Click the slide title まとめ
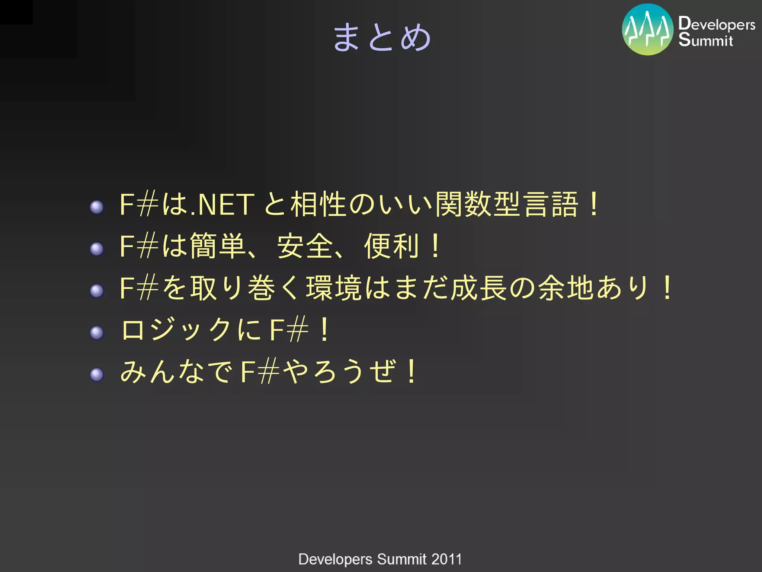[x=382, y=37]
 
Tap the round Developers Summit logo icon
[x=647, y=30]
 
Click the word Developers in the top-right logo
[x=717, y=24]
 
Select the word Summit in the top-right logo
[x=705, y=40]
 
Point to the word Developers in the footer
[x=335, y=559]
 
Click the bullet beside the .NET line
[x=97, y=207]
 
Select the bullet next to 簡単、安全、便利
[x=97, y=249]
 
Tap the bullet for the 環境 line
[x=97, y=291]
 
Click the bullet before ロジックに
[x=97, y=333]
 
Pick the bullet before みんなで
[x=97, y=374]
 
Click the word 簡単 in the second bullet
[x=218, y=246]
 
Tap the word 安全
[x=305, y=246]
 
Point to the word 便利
[x=392, y=246]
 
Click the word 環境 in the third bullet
[x=334, y=288]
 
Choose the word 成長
[x=479, y=288]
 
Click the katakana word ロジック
[x=176, y=330]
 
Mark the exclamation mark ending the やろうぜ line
[x=411, y=371]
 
